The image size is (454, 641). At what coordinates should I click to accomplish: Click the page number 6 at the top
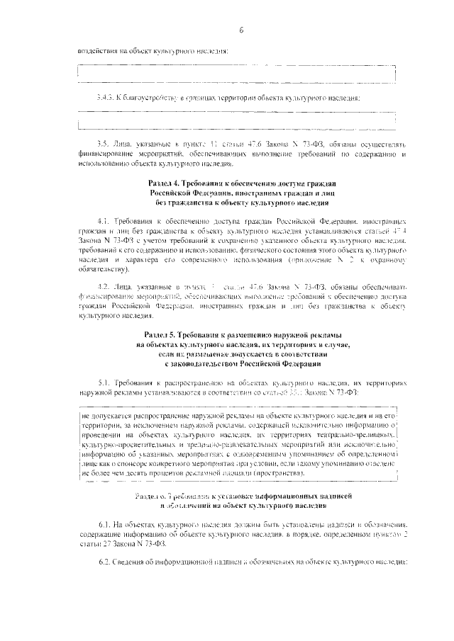pyautogui.click(x=241, y=30)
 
